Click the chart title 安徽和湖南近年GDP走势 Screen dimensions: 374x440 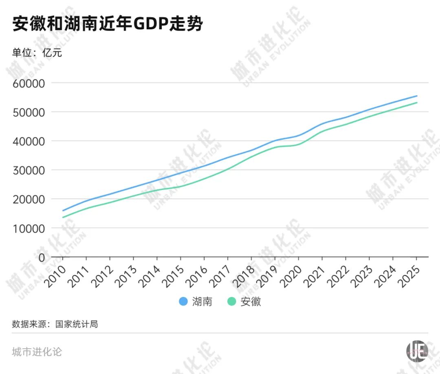coord(108,24)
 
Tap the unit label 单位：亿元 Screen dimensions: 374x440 coord(37,53)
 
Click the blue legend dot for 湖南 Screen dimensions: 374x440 coord(184,301)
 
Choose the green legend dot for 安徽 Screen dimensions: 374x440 coord(232,301)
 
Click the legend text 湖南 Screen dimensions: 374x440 coord(202,302)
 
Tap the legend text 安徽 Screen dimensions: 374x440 coord(251,302)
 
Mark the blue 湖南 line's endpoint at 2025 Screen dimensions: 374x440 coord(417,96)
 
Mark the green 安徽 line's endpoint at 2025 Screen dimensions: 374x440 coord(417,103)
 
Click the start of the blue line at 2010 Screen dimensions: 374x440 coord(63,211)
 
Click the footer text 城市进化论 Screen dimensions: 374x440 coord(37,352)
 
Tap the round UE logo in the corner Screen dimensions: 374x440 coord(417,351)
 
